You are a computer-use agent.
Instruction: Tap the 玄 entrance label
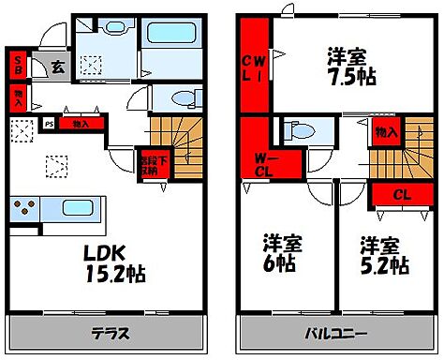click(x=56, y=67)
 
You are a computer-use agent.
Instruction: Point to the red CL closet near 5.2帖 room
click(x=400, y=194)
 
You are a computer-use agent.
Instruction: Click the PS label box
click(x=49, y=123)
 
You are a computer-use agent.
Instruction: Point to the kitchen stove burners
click(x=24, y=208)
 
